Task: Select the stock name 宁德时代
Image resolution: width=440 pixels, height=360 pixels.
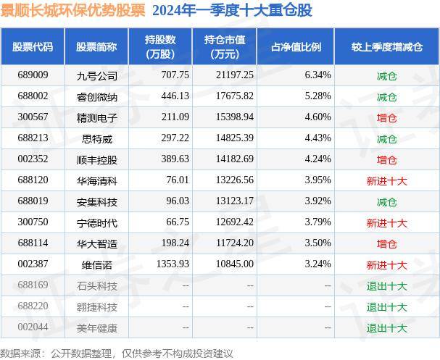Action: pyautogui.click(x=96, y=222)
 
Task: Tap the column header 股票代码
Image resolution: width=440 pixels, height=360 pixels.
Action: pyautogui.click(x=33, y=46)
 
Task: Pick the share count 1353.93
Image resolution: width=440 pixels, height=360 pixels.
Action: pyautogui.click(x=173, y=264)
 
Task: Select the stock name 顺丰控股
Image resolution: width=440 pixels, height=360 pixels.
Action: pyautogui.click(x=96, y=159)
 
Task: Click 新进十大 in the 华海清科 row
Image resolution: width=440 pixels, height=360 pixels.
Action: pyautogui.click(x=386, y=180)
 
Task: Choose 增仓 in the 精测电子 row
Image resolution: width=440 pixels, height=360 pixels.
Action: pyautogui.click(x=386, y=117)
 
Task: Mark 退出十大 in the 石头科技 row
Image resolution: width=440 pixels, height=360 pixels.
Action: pyautogui.click(x=386, y=285)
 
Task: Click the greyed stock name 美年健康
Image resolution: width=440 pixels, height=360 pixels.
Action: pyautogui.click(x=96, y=327)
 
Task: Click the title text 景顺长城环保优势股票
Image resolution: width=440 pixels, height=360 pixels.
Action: pyautogui.click(x=73, y=10)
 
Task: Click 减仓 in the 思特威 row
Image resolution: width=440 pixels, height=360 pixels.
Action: pyautogui.click(x=386, y=138)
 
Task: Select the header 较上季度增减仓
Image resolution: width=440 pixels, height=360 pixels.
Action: pyautogui.click(x=386, y=46)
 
